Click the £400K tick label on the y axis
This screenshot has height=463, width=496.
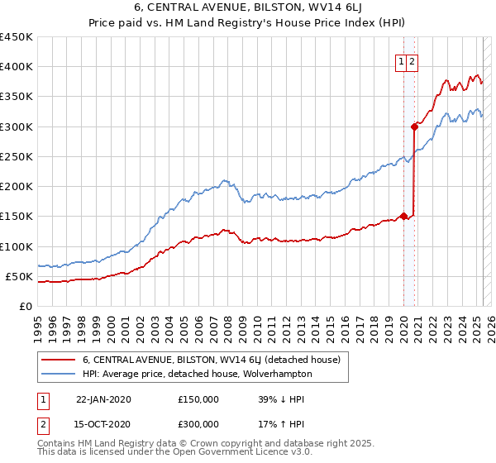17,67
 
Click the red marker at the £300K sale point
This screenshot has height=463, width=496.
414,126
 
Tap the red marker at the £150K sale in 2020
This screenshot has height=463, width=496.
403,217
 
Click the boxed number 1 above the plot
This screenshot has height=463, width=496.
401,60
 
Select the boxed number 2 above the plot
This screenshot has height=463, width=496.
412,60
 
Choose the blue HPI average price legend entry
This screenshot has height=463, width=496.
197,374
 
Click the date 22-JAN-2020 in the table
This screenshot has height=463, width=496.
103,399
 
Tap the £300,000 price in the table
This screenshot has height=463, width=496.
198,424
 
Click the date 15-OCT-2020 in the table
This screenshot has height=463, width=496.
103,424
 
